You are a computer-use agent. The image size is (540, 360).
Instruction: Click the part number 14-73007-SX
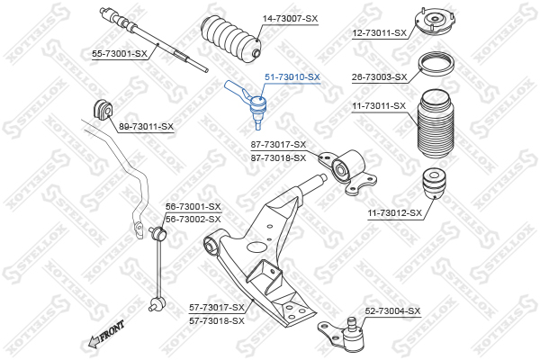point(290,19)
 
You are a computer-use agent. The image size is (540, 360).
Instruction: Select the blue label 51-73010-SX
point(292,77)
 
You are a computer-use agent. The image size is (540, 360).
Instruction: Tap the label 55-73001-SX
point(120,54)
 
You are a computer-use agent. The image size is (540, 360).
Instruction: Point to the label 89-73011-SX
point(146,127)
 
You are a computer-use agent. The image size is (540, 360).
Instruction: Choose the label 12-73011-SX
point(379,33)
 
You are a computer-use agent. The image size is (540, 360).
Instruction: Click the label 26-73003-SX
point(379,77)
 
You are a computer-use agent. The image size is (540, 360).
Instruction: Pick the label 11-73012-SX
point(395,213)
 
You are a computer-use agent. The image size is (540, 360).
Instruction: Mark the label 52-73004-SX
point(392,311)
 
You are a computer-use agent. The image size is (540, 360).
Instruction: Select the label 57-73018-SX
point(217,321)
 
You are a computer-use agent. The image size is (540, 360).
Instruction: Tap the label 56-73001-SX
point(193,207)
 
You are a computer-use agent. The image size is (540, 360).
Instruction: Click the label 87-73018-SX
point(278,158)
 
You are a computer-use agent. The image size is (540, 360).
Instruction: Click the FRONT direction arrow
point(106,335)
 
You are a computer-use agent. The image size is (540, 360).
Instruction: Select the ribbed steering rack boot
point(231,38)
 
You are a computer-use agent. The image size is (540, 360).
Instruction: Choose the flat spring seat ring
point(436,66)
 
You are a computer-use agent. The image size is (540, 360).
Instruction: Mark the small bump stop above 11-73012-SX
point(435,184)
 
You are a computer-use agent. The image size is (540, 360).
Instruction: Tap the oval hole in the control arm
point(257,247)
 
